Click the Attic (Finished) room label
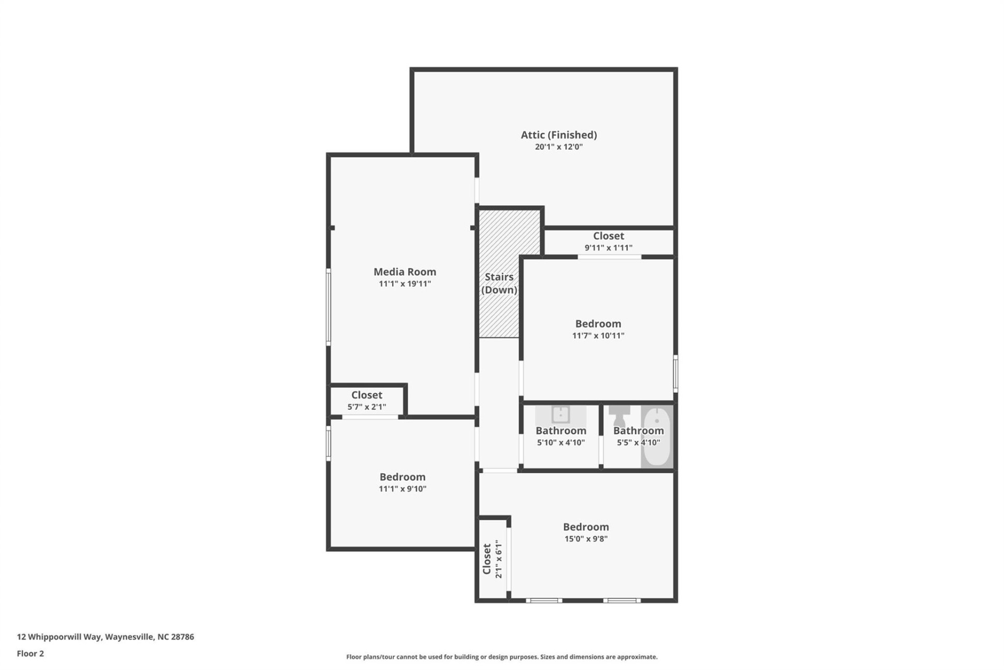pyautogui.click(x=558, y=135)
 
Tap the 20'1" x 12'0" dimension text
pyautogui.click(x=558, y=147)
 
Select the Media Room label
pyautogui.click(x=404, y=272)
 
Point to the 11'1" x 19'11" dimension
pyautogui.click(x=404, y=284)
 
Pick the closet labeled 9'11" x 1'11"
pyautogui.click(x=608, y=241)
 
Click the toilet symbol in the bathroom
pyautogui.click(x=620, y=416)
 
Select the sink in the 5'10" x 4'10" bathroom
pyautogui.click(x=560, y=415)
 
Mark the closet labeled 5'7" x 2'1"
pyautogui.click(x=367, y=400)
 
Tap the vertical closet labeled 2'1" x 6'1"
pyautogui.click(x=492, y=559)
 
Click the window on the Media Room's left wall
pyautogui.click(x=328, y=307)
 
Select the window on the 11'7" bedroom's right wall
pyautogui.click(x=675, y=373)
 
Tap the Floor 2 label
pyautogui.click(x=30, y=653)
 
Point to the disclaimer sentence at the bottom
pyautogui.click(x=501, y=657)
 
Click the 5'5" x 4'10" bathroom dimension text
pyautogui.click(x=638, y=443)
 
